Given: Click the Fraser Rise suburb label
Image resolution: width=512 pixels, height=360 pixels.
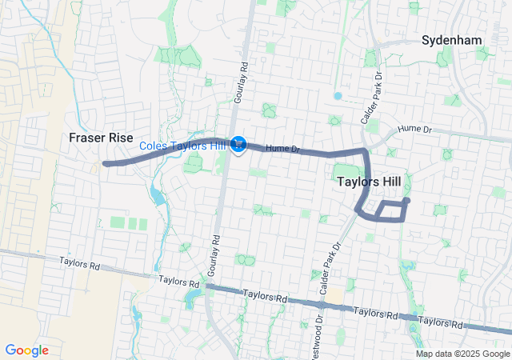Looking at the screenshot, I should (x=100, y=137).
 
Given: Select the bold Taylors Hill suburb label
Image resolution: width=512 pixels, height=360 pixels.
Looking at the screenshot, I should (x=369, y=182).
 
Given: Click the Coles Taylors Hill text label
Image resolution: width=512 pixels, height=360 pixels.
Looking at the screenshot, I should (x=183, y=145).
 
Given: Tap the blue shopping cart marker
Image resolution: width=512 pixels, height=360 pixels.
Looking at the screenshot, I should (x=238, y=144).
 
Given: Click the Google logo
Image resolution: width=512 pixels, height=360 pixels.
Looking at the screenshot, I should (x=27, y=350).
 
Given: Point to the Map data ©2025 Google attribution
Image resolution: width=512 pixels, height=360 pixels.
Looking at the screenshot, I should (x=462, y=354).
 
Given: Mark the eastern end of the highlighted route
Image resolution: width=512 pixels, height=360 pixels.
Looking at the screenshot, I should (x=406, y=200).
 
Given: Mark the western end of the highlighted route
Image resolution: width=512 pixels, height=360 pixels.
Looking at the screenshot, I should (x=105, y=163).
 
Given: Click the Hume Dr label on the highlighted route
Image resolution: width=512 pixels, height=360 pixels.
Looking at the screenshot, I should (x=282, y=148).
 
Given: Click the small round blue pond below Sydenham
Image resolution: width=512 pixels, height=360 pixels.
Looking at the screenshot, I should (x=338, y=96).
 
